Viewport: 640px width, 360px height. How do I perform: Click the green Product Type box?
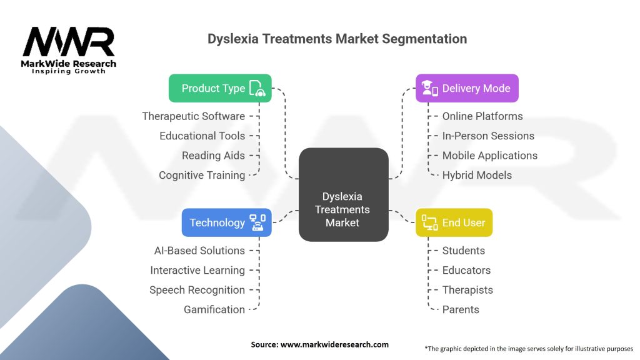(x=220, y=88)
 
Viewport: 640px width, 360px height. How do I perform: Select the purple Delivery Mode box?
(x=467, y=88)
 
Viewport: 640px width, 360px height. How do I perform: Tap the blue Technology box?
(x=226, y=222)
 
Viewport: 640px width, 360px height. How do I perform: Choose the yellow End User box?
(x=454, y=222)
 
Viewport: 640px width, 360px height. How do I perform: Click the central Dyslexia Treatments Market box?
(x=342, y=209)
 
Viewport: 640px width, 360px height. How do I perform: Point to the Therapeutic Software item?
(x=193, y=116)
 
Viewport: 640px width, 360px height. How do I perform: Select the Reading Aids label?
(x=213, y=156)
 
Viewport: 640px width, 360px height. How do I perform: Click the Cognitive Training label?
(x=202, y=175)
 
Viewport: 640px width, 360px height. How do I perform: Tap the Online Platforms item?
(x=482, y=116)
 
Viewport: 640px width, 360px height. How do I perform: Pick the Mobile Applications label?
(x=489, y=156)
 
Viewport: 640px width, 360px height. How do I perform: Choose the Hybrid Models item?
(x=477, y=175)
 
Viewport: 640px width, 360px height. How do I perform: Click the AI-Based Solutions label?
(x=199, y=251)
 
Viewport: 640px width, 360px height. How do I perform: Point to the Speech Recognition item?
(x=197, y=290)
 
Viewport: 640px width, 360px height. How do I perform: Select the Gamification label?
(x=214, y=309)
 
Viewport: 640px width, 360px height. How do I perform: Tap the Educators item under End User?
(x=466, y=270)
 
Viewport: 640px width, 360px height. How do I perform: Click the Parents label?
(x=461, y=309)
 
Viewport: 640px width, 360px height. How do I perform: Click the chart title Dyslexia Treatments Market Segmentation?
(x=337, y=39)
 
